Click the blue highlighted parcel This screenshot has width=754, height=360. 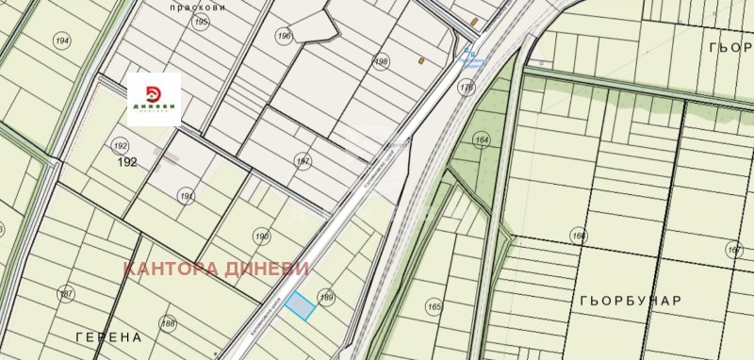[300, 306]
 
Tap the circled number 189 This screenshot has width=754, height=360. [327, 296]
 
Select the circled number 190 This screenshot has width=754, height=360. [262, 236]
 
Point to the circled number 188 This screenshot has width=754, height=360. [168, 323]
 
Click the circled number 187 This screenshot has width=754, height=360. [65, 295]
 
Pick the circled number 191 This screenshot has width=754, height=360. [186, 195]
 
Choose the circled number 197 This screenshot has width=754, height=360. [303, 161]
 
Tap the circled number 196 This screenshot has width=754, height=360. [284, 36]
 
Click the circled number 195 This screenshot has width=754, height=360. [200, 21]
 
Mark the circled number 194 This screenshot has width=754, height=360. [62, 41]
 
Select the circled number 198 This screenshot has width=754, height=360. [382, 62]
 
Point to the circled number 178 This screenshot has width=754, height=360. [466, 87]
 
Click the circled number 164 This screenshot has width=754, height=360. [483, 141]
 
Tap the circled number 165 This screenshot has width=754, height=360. [434, 306]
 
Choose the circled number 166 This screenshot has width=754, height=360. [578, 236]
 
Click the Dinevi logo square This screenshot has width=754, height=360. [154, 98]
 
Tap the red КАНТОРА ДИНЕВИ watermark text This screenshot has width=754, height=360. [217, 269]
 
